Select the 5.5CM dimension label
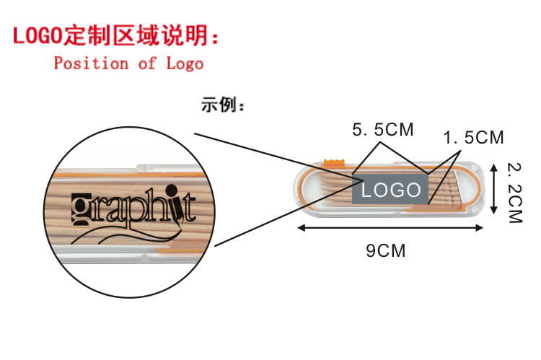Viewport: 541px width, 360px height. point(382,130)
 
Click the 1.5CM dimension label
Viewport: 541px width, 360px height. point(473,137)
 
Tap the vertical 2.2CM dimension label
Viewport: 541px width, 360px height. point(514,191)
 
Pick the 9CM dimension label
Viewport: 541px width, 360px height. point(386,251)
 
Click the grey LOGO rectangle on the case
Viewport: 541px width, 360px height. point(390,190)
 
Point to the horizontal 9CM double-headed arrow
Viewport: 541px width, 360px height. point(390,228)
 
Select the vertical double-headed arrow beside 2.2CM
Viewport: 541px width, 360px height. point(494,188)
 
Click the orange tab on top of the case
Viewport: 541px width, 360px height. point(333,161)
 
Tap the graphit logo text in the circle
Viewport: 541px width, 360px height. point(133,208)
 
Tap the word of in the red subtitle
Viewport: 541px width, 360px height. point(146,63)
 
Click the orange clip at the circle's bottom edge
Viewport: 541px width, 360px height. point(160,253)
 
